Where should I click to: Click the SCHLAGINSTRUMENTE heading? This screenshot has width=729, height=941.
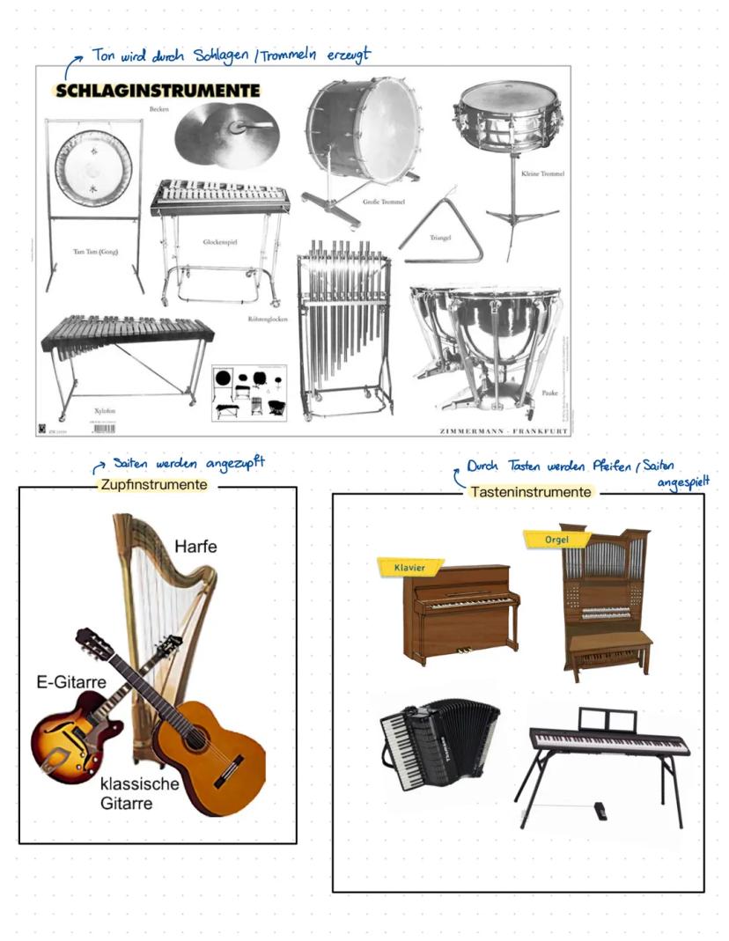click(157, 91)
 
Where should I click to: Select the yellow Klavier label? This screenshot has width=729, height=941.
click(409, 568)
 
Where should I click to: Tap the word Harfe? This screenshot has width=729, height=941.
click(195, 547)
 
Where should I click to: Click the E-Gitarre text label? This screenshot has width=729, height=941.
click(66, 682)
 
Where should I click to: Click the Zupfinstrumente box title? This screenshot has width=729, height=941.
click(154, 485)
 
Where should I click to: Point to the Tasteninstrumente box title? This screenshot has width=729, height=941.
click(530, 493)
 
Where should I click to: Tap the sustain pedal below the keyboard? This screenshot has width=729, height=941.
click(600, 809)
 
